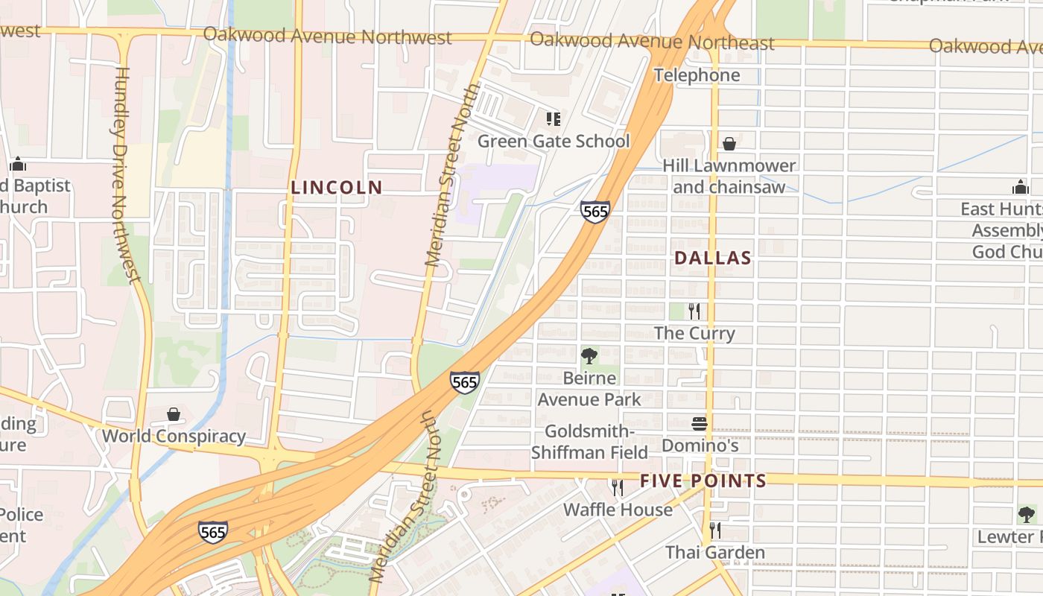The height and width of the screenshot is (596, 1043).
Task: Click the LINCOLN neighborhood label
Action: [337, 188]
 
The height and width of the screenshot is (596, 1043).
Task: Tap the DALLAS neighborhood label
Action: [713, 259]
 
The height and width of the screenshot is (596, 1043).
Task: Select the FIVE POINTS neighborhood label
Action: [703, 481]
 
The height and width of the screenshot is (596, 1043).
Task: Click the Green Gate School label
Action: [554, 141]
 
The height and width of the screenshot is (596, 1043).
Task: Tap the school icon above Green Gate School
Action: [553, 119]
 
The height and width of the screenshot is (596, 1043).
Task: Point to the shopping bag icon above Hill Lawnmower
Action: [729, 144]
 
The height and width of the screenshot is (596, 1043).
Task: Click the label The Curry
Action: [694, 333]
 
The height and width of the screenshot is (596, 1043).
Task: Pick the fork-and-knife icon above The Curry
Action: [694, 311]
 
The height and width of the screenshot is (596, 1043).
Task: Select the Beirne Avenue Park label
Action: [589, 389]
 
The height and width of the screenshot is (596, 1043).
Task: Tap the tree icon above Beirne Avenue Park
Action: [589, 356]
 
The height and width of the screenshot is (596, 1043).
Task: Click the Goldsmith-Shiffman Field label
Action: [589, 441]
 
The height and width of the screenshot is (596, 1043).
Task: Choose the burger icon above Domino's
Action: [700, 424]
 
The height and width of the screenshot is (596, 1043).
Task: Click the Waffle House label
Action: [618, 510]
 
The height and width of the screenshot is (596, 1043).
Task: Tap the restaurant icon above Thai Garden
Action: [715, 530]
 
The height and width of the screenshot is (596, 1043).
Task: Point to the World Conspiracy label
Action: [174, 436]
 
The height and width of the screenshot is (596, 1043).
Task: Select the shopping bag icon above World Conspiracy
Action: [174, 414]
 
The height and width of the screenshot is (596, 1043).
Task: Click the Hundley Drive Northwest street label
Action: [124, 175]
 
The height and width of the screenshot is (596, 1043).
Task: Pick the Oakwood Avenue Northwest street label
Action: [327, 36]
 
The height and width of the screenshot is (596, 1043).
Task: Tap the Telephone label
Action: [697, 75]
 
